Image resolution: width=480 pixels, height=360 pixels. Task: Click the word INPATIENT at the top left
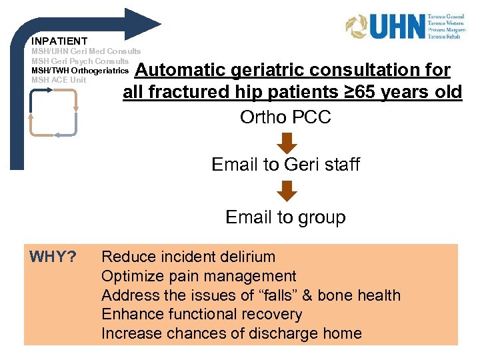59,41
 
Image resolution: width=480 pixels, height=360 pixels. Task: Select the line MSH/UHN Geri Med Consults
86,51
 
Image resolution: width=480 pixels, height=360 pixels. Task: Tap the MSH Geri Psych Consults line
80,61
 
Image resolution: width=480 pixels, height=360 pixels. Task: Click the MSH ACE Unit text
59,80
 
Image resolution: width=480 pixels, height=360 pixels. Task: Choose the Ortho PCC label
285,117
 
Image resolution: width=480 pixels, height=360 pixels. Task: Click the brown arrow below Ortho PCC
286,143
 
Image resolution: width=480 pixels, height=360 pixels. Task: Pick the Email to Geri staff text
285,164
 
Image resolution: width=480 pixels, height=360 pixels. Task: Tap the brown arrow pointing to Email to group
286,192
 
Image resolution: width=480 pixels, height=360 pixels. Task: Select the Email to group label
285,217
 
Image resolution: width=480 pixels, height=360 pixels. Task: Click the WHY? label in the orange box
53,257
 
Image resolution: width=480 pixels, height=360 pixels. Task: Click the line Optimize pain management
199,276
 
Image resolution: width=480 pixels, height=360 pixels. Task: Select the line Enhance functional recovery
201,314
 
